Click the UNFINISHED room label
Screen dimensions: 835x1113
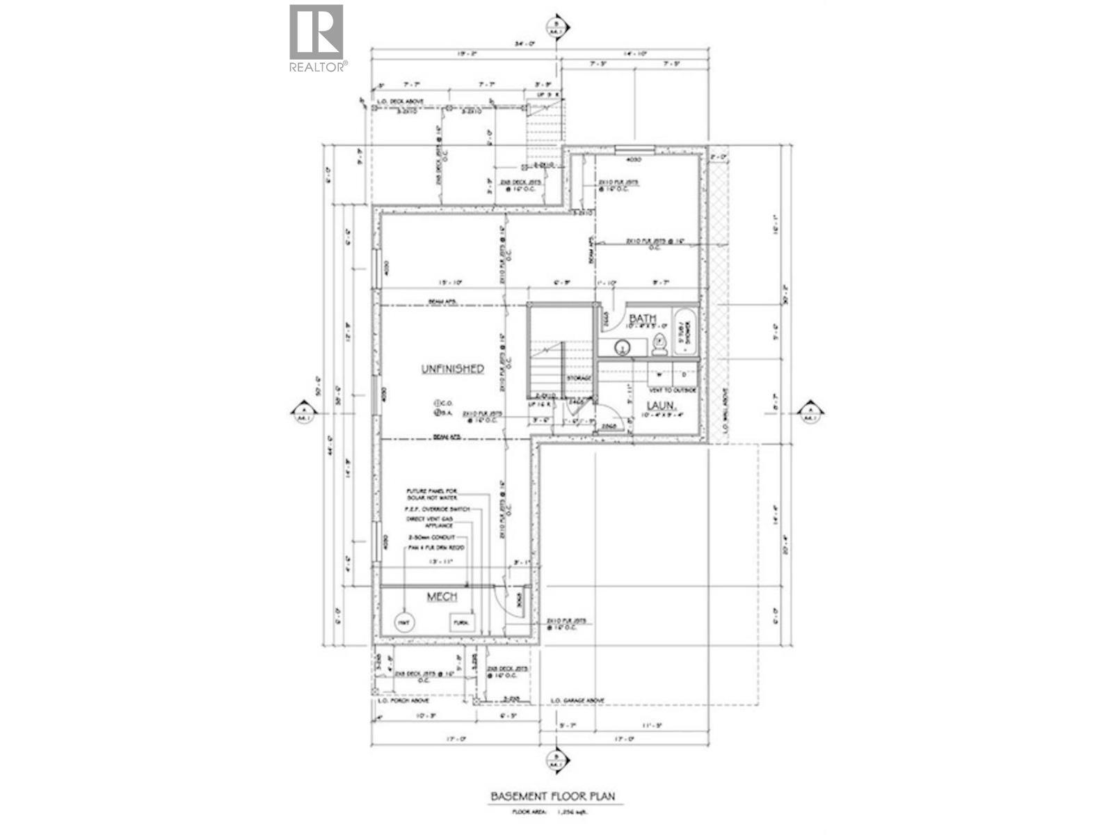(x=452, y=369)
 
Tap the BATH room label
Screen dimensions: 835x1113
(x=642, y=318)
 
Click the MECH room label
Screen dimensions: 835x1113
(x=442, y=597)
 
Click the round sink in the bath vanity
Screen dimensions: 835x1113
(x=621, y=345)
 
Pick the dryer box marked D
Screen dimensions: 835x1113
(x=684, y=373)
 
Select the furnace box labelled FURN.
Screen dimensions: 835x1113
(x=461, y=621)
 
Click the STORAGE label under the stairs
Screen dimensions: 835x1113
(x=579, y=378)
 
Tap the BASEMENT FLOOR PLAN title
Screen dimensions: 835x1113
(x=553, y=796)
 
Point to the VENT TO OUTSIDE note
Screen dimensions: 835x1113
(x=672, y=390)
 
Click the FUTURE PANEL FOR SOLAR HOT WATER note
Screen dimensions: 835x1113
(x=431, y=495)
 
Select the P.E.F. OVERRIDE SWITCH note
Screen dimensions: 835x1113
(x=438, y=509)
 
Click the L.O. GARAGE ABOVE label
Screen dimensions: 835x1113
(x=577, y=701)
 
